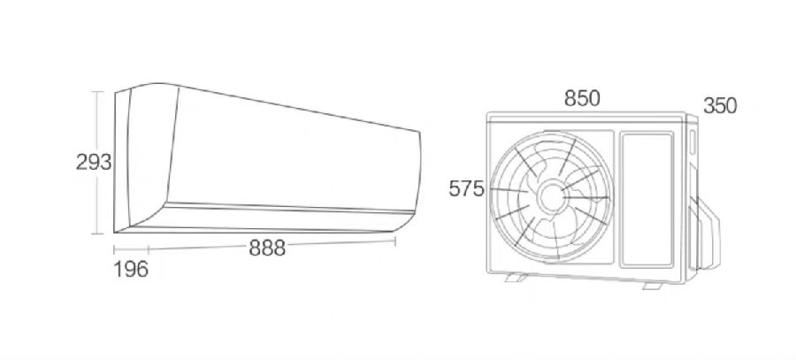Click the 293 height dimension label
94,163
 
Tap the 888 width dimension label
267,249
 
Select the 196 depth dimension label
131,269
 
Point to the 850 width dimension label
582,98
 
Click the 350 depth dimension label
720,106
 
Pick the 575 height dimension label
466,189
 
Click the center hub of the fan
550,197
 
